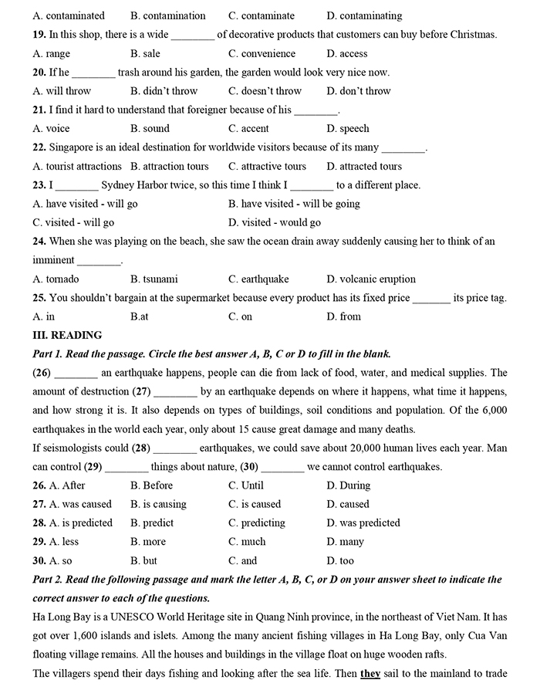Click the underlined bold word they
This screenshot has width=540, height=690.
coord(371,673)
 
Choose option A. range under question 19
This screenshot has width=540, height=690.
coord(52,53)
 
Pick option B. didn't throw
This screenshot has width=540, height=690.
coord(164,91)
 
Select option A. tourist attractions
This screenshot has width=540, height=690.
coord(77,166)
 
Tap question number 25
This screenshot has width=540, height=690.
coord(39,297)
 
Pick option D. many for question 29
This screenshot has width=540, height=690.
coord(345,542)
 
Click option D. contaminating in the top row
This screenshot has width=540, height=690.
coord(364,15)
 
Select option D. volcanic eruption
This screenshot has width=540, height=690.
coord(371,279)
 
